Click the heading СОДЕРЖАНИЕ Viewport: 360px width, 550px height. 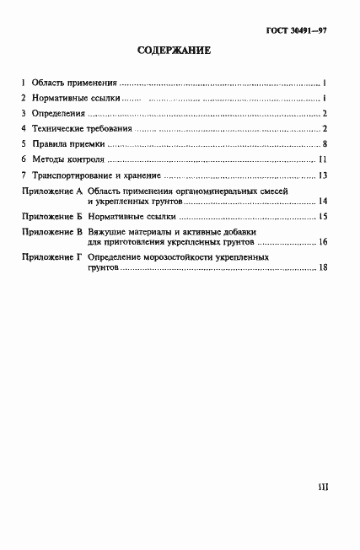(174, 51)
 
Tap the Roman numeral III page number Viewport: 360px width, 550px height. (322, 488)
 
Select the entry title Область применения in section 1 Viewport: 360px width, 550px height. (74, 84)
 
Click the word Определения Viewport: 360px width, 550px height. (58, 114)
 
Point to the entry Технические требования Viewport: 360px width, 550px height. (82, 129)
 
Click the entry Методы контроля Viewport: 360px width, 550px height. (68, 159)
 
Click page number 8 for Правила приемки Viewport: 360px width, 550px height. (324, 144)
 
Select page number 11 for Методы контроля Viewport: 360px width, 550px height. (322, 159)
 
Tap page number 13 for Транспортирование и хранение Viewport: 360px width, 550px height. (322, 175)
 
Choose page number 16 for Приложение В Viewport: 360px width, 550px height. (322, 242)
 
